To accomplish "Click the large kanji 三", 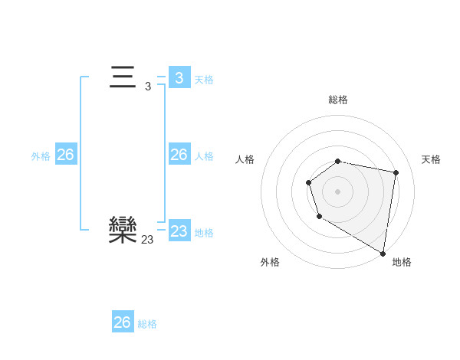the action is coord(123,78).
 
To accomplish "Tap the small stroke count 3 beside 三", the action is coord(148,87).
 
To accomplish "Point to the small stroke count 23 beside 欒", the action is coord(147,240).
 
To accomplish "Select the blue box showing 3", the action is coord(179,78).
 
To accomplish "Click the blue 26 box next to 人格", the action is coord(179,155).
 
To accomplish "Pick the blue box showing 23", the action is coord(179,231).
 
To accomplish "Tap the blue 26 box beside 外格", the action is coord(65,155).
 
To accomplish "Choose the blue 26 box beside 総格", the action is coord(123,322).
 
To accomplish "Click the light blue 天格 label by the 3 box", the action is coord(204,79).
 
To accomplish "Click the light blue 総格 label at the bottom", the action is coord(147,324).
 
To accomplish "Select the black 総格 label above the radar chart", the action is coord(338,100).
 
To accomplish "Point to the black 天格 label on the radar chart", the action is coord(431,159).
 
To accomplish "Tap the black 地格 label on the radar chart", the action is coord(402,262).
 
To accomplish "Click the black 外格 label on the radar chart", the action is coord(270,262).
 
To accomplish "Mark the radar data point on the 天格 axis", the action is coord(396,172).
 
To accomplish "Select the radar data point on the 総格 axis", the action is coord(338,161).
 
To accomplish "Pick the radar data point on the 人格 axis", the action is coord(308,182).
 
